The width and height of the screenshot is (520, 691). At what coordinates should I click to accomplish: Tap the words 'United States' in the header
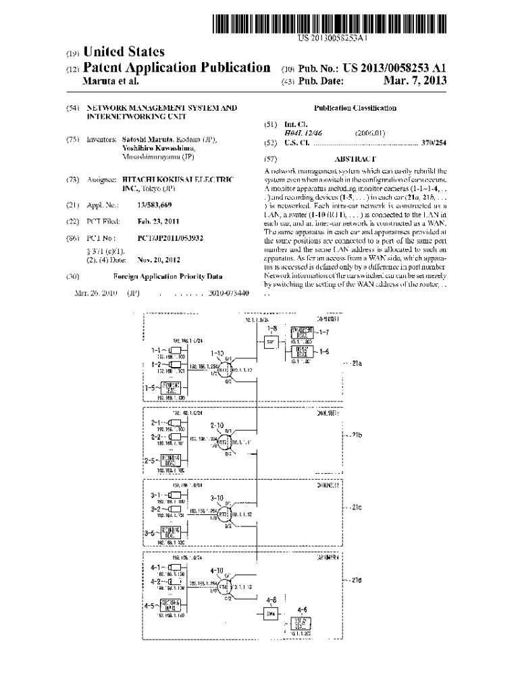pyautogui.click(x=124, y=52)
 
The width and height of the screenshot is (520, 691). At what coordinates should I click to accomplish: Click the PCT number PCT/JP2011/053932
pyautogui.click(x=170, y=238)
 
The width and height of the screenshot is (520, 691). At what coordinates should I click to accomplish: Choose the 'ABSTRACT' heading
pyautogui.click(x=355, y=159)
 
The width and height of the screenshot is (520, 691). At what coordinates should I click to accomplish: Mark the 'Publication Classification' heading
pyautogui.click(x=355, y=108)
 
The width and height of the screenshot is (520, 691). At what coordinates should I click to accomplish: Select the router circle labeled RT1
pyautogui.click(x=223, y=370)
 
